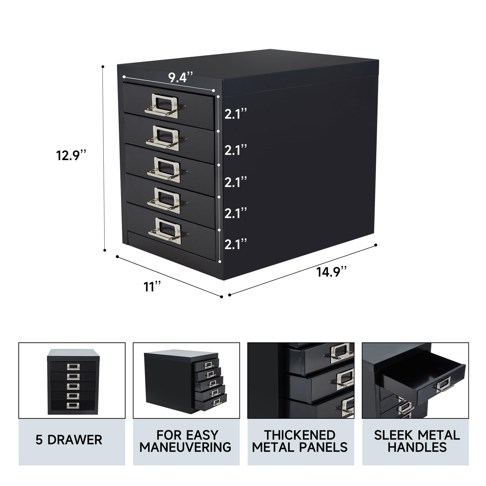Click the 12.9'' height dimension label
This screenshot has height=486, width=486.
(71, 156)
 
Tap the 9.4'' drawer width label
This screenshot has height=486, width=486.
(180, 78)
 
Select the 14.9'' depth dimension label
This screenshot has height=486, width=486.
(332, 271)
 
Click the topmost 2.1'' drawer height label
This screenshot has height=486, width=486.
(235, 114)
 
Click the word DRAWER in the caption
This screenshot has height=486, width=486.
(75, 440)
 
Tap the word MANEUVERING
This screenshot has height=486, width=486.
(185, 447)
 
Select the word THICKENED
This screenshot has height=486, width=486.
(300, 435)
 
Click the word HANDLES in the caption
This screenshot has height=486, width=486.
(417, 447)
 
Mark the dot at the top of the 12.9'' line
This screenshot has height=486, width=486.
(103, 66)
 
